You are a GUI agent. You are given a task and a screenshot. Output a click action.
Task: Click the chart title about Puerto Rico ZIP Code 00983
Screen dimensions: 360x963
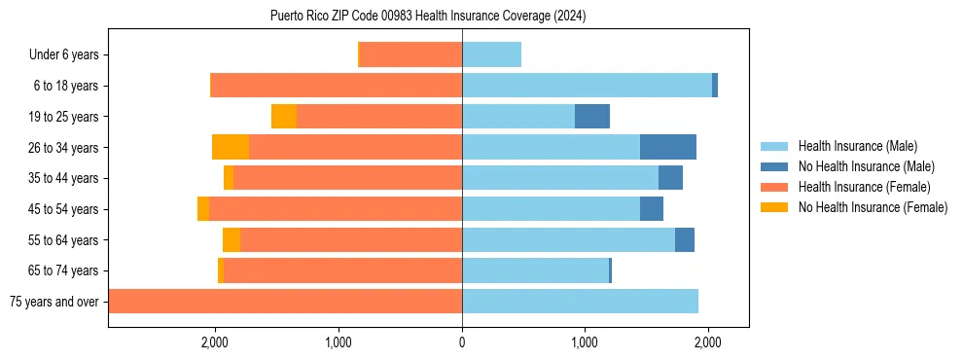pyautogui.click(x=428, y=16)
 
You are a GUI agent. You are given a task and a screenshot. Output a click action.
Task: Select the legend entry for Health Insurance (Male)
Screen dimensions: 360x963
pyautogui.click(x=857, y=146)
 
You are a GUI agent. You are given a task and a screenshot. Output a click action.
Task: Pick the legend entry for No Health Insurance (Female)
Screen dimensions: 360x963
pyautogui.click(x=872, y=207)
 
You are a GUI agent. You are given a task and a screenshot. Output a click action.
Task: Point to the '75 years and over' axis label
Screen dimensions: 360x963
pyautogui.click(x=54, y=302)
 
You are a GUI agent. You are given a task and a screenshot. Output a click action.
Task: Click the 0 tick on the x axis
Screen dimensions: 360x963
pyautogui.click(x=462, y=342)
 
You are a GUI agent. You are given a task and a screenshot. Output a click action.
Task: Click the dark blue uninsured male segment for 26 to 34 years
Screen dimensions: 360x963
pyautogui.click(x=668, y=147)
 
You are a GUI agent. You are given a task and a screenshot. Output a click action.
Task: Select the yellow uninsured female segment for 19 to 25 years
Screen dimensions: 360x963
pyautogui.click(x=284, y=117)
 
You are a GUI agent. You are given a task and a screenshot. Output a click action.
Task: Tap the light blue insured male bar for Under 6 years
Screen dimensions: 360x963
pyautogui.click(x=491, y=54)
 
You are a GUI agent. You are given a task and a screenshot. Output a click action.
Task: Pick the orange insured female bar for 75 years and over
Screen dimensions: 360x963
pyautogui.click(x=285, y=302)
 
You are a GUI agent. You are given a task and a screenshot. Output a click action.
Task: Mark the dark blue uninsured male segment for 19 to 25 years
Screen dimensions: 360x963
pyautogui.click(x=592, y=117)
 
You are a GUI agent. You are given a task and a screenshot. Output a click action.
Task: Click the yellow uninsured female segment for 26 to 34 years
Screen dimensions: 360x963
pyautogui.click(x=231, y=147)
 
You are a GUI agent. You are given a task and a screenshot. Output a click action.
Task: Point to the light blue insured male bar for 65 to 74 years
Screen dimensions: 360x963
pyautogui.click(x=535, y=270)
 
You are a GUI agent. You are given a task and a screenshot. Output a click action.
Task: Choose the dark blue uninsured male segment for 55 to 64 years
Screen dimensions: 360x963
pyautogui.click(x=685, y=239)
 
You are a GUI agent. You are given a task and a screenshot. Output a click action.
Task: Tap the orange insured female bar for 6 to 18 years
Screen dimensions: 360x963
pyautogui.click(x=336, y=86)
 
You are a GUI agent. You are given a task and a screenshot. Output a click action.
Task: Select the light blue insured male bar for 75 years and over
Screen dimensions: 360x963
pyautogui.click(x=580, y=302)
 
